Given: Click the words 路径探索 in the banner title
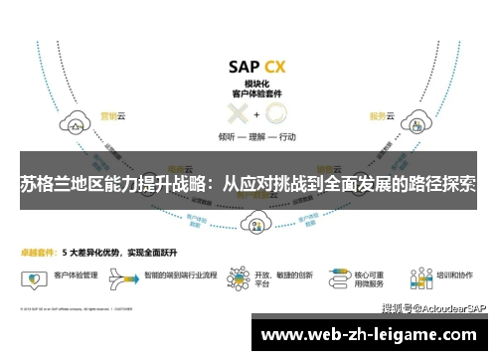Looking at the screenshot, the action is pyautogui.click(x=438, y=184).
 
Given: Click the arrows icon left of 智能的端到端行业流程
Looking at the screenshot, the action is pyautogui.click(x=128, y=271).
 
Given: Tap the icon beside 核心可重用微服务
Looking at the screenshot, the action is pyautogui.click(x=332, y=272).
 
